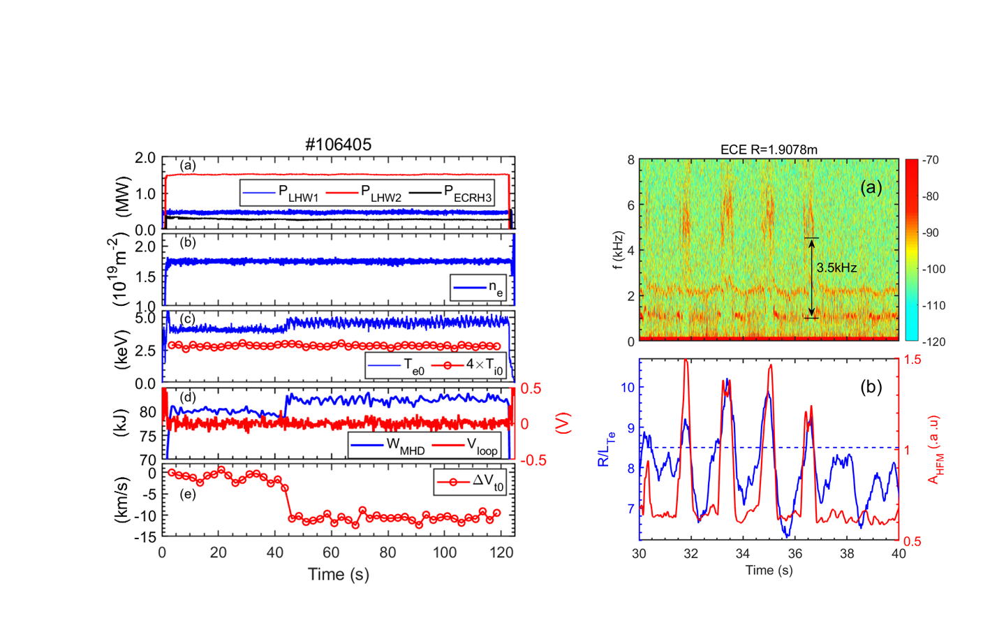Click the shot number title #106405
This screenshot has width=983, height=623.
339,145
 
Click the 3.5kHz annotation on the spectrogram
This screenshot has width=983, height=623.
836,267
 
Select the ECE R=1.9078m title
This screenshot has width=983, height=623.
769,149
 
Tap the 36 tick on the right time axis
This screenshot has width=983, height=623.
794,554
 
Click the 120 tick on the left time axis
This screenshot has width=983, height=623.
501,552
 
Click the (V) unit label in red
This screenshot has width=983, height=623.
564,423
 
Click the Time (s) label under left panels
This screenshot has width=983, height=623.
339,575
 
